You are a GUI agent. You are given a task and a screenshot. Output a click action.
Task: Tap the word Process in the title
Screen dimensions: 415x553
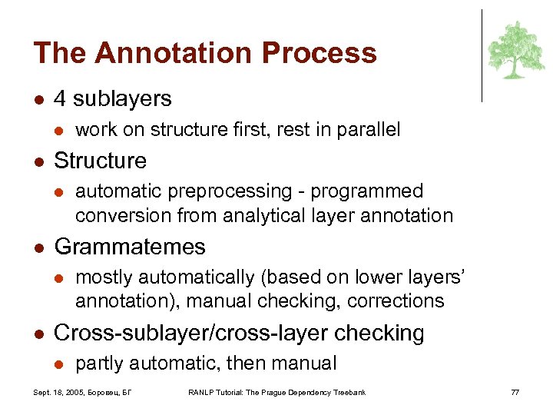click(320, 53)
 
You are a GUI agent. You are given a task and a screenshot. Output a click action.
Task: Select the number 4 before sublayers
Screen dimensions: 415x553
click(61, 98)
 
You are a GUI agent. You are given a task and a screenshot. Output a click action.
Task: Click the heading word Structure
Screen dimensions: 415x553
click(100, 161)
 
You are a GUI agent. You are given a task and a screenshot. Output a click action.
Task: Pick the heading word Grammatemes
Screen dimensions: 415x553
click(130, 247)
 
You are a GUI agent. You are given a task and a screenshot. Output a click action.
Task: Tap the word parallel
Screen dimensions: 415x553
click(364, 130)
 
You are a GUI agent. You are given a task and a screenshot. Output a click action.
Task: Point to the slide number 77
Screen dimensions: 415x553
click(515, 393)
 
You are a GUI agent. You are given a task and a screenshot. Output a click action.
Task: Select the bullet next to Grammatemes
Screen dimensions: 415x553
click(38, 247)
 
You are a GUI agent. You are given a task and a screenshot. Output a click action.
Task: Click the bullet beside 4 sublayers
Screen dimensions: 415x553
click(38, 99)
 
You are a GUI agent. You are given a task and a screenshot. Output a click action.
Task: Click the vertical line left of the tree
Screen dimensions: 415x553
click(482, 55)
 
